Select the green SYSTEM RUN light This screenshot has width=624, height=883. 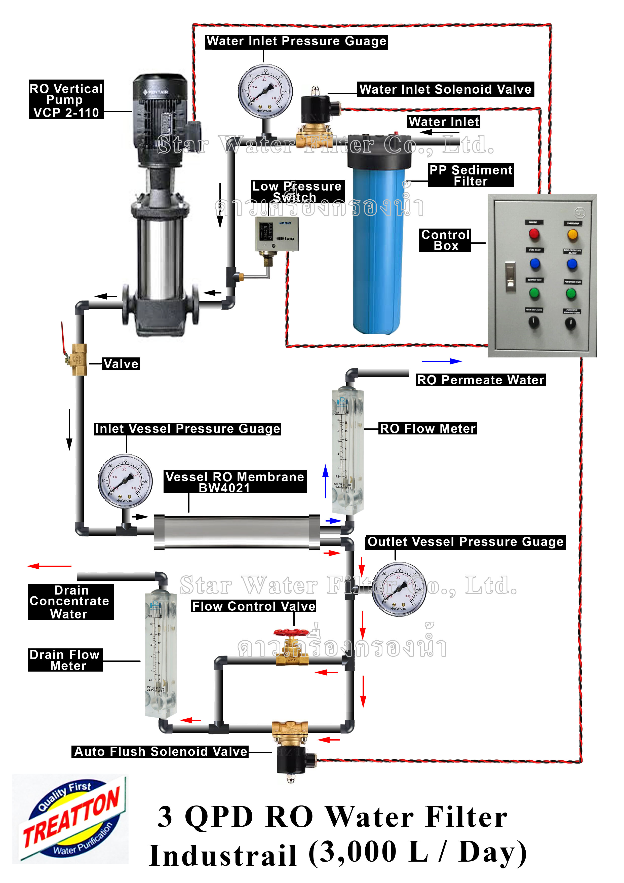click(x=534, y=294)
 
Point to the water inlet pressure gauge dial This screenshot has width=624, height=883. click(x=265, y=92)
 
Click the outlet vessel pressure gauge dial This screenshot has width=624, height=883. click(x=399, y=589)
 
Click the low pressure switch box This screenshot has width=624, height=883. click(x=277, y=234)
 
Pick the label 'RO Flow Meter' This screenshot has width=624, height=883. click(x=427, y=428)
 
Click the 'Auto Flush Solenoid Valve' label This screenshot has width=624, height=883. click(x=160, y=751)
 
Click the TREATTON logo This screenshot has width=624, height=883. click(x=71, y=818)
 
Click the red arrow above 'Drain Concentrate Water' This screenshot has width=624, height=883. click(x=49, y=566)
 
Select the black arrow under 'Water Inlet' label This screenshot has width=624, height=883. click(x=438, y=132)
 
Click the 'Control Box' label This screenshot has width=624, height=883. click(x=445, y=240)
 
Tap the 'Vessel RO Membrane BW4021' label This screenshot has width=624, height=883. click(x=235, y=482)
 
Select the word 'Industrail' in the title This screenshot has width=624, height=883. click(x=223, y=856)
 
